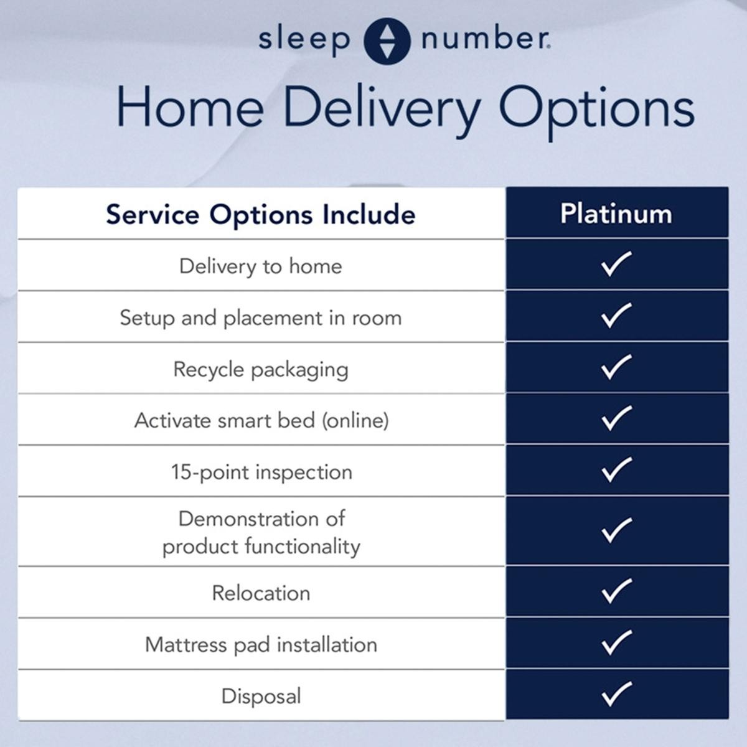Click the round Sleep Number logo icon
pos(387,41)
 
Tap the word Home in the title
pos(190,107)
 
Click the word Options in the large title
pos(596,113)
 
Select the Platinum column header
pos(616,214)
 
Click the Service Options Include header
pos(260,215)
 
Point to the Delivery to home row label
pos(260,266)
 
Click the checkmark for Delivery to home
pos(616,263)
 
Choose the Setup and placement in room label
pos(260,319)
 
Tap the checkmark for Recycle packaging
pos(616,367)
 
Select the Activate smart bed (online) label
pos(261,421)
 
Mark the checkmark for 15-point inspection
pos(616,469)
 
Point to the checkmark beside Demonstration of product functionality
pos(616,530)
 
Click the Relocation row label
pos(261,593)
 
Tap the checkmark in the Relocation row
pos(616,591)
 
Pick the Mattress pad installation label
pos(261,645)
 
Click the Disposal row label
pos(261,697)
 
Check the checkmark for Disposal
pos(616,693)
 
